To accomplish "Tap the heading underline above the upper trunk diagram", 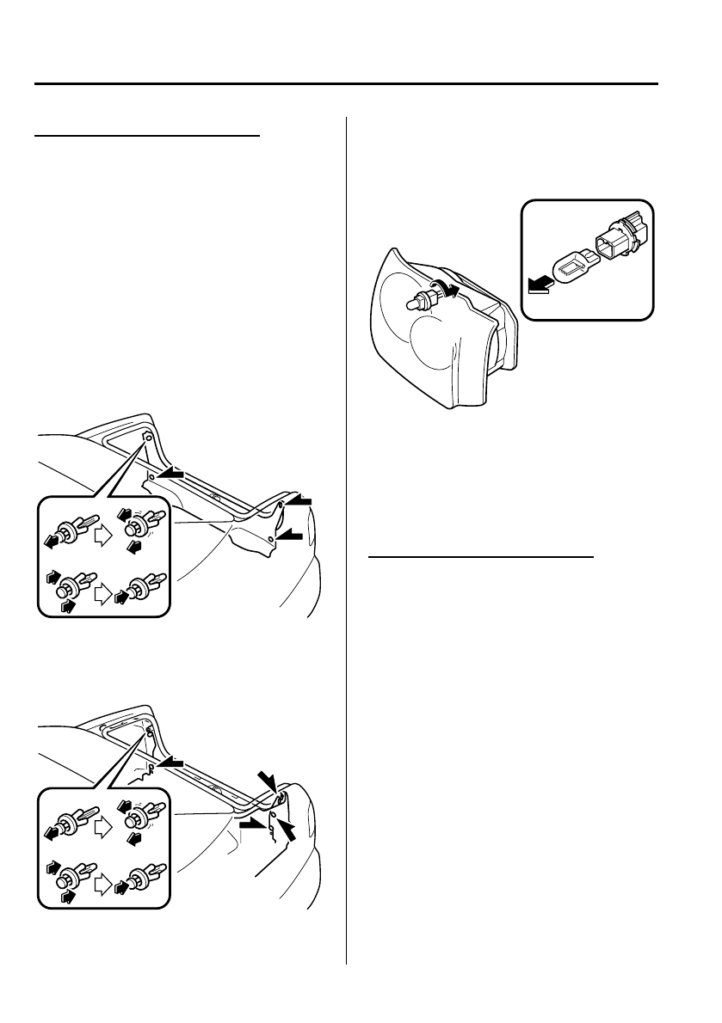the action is (145, 135).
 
